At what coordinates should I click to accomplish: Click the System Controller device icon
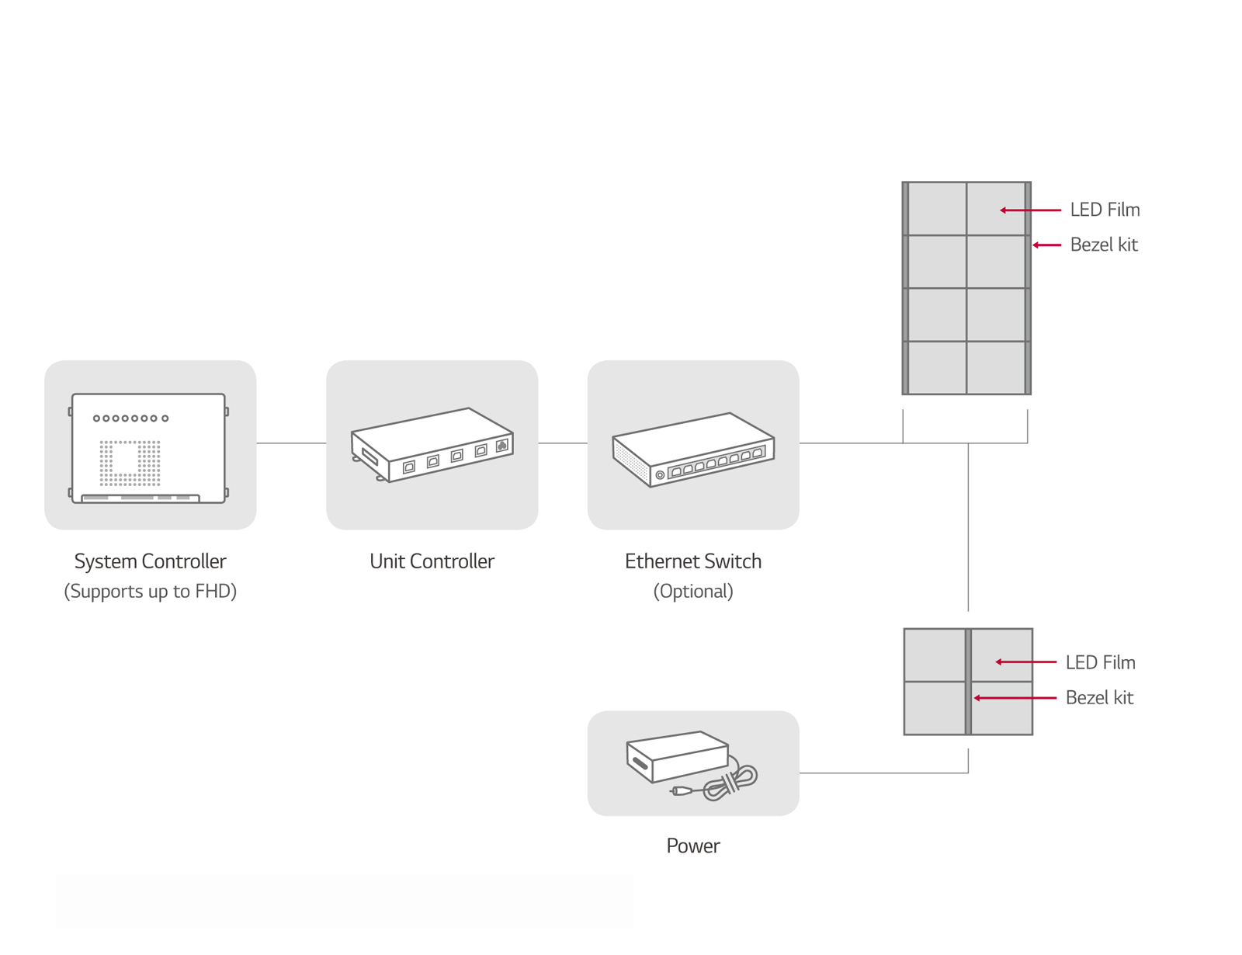pyautogui.click(x=149, y=448)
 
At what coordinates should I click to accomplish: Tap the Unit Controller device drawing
pyautogui.click(x=432, y=445)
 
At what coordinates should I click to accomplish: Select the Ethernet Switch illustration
pyautogui.click(x=693, y=449)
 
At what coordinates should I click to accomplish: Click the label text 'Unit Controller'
pyautogui.click(x=432, y=561)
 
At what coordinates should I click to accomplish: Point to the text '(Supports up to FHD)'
pyautogui.click(x=150, y=592)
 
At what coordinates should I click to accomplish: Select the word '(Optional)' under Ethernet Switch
pyautogui.click(x=693, y=592)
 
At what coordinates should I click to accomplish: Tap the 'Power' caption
pyautogui.click(x=693, y=846)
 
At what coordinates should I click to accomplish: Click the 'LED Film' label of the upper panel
pyautogui.click(x=1105, y=210)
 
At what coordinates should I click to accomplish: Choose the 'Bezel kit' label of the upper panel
pyautogui.click(x=1104, y=245)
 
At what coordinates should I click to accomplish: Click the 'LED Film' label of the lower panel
pyautogui.click(x=1100, y=662)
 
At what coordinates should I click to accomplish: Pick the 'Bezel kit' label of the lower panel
pyautogui.click(x=1099, y=697)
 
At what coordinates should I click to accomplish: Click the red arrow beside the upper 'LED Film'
pyautogui.click(x=1030, y=210)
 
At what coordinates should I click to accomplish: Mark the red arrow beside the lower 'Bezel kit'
pyautogui.click(x=1015, y=698)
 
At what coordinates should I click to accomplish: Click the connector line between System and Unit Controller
pyautogui.click(x=291, y=443)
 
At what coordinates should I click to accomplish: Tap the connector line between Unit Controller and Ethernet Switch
pyautogui.click(x=563, y=443)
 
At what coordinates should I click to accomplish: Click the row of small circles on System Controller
pyautogui.click(x=130, y=418)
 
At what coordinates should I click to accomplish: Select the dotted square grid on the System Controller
pyautogui.click(x=130, y=463)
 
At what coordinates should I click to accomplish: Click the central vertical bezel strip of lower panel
pyautogui.click(x=968, y=682)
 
